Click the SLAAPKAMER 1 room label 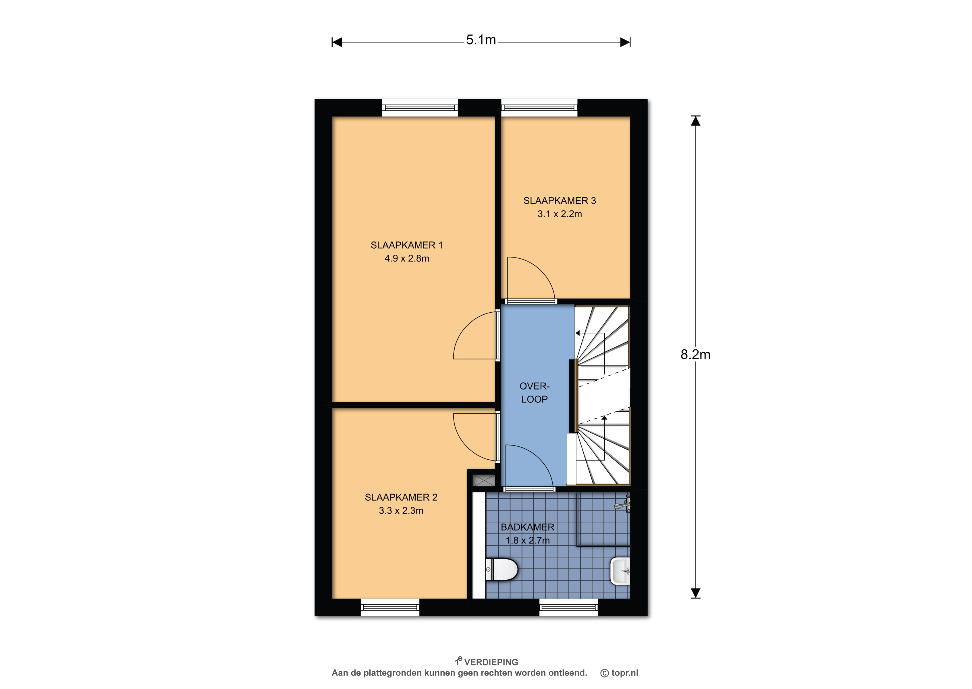coord(407,245)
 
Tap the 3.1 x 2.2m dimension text coord(560,214)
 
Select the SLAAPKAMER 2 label coord(401,497)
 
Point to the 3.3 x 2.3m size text coord(401,510)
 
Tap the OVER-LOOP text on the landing coord(534,392)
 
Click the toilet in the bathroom coord(502,569)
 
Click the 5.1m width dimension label coord(481,40)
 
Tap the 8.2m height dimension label coord(695,354)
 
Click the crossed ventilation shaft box coord(484,480)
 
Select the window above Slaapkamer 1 coord(420,108)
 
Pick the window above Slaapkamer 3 coord(539,108)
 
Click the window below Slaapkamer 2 coord(390,607)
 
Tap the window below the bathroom coord(569,607)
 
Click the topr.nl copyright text coord(619,673)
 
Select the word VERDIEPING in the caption coord(491,662)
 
